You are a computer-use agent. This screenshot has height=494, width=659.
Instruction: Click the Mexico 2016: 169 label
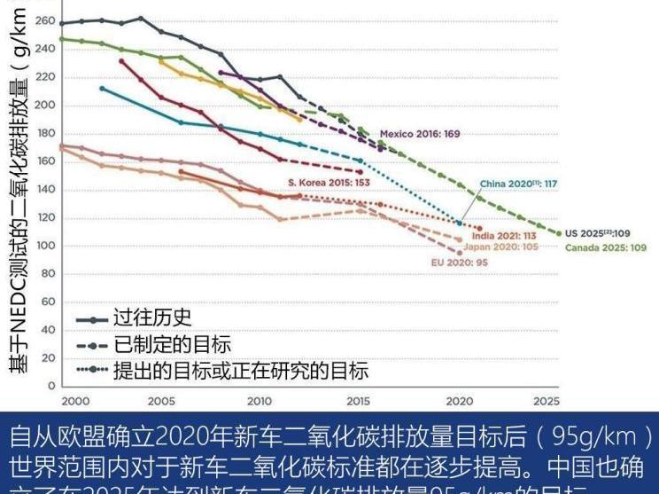tap(421, 135)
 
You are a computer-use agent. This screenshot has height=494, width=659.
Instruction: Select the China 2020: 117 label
tap(519, 184)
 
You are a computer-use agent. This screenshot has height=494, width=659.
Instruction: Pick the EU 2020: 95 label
tap(460, 263)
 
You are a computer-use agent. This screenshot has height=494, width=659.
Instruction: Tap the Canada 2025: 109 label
tap(607, 247)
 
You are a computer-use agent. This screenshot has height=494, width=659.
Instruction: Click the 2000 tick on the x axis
tap(75, 402)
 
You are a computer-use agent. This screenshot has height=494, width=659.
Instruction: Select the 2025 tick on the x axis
tap(547, 402)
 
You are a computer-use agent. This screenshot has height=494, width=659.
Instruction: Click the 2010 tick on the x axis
tap(260, 402)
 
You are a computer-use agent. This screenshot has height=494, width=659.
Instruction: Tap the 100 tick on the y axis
tap(44, 246)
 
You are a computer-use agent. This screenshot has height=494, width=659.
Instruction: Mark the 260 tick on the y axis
tap(44, 21)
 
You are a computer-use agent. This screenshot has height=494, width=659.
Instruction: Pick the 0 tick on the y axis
tap(51, 387)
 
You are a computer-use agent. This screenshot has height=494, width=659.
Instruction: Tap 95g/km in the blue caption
tap(602, 437)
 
